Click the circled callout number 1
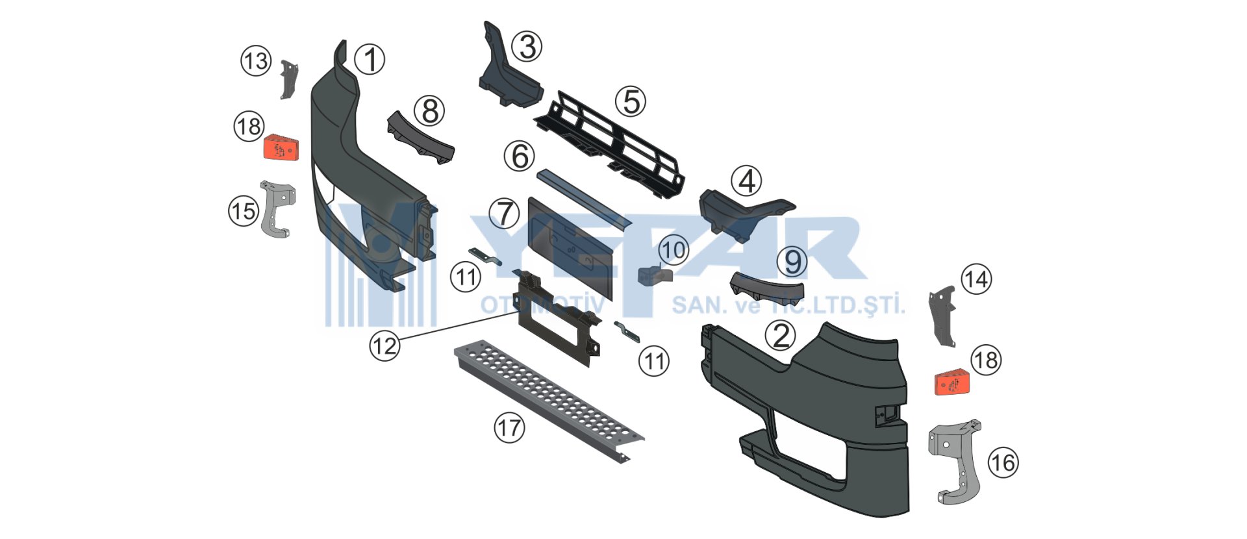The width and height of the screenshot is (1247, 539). (370, 60)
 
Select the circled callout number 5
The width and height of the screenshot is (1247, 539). (631, 102)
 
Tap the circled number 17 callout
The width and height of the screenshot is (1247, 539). (509, 428)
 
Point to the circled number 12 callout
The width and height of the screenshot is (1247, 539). (384, 345)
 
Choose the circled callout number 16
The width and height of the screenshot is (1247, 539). (1003, 463)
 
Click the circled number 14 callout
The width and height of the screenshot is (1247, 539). (976, 280)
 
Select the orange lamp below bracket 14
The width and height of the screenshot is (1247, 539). (952, 382)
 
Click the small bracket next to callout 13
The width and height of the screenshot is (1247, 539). (288, 79)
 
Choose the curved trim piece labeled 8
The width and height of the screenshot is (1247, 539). (421, 137)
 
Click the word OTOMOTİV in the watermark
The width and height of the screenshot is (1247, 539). (542, 305)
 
